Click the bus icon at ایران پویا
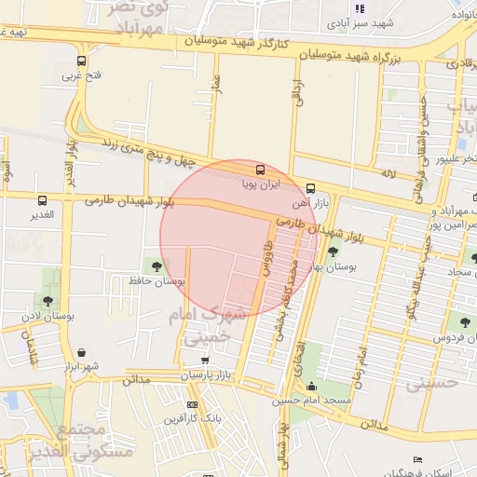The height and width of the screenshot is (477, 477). (x=260, y=170)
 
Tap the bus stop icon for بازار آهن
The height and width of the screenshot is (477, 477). (x=309, y=187)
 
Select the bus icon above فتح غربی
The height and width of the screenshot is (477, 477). (x=82, y=62)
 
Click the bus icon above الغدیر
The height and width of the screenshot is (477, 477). (x=41, y=199)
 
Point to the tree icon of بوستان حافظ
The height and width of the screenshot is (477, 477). (x=156, y=266)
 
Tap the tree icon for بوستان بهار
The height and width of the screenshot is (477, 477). (x=333, y=251)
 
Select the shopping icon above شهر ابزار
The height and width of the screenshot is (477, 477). (x=86, y=353)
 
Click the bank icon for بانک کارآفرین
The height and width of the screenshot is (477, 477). (x=192, y=404)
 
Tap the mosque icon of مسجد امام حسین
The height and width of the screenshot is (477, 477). (x=311, y=387)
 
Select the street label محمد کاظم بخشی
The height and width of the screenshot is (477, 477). (x=285, y=299)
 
